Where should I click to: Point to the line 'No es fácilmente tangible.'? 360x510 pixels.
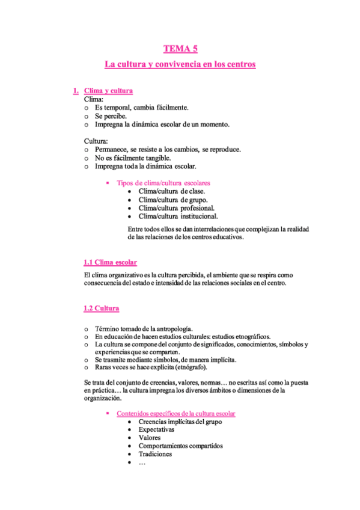click(128, 158)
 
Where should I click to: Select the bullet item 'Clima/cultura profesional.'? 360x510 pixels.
click(177, 208)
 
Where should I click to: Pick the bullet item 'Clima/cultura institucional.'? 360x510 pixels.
click(178, 217)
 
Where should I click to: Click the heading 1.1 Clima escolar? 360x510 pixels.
click(110, 262)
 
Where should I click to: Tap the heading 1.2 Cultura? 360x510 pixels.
click(101, 309)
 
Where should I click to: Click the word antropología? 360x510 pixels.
click(172, 329)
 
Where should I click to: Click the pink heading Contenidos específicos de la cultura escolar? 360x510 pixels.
click(176, 414)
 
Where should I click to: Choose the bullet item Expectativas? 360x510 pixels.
click(156, 430)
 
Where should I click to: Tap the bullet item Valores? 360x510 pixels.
click(150, 438)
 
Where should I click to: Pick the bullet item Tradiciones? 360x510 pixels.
click(155, 454)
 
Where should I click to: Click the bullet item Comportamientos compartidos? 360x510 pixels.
click(180, 446)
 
